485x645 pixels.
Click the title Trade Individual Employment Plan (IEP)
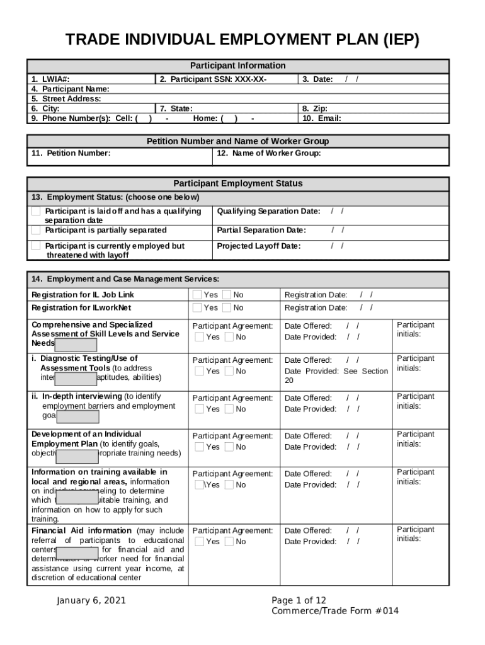[243, 40]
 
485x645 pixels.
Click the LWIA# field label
[50, 79]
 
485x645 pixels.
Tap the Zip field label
[315, 108]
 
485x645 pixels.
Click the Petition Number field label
[71, 153]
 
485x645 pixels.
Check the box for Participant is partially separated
[37, 230]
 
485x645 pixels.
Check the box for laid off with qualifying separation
[37, 211]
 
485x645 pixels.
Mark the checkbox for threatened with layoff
[37, 246]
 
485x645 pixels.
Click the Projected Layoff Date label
[259, 246]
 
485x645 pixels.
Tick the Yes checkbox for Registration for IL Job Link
[197, 295]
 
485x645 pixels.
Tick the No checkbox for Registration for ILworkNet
[227, 307]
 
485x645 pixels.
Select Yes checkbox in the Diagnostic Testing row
[199, 371]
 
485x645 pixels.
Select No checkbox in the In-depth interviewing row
[229, 409]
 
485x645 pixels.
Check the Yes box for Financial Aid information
[199, 542]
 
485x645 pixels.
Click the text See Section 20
[336, 375]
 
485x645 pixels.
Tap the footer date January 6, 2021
[91, 600]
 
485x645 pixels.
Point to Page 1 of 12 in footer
[299, 600]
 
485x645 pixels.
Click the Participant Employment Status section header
[237, 183]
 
